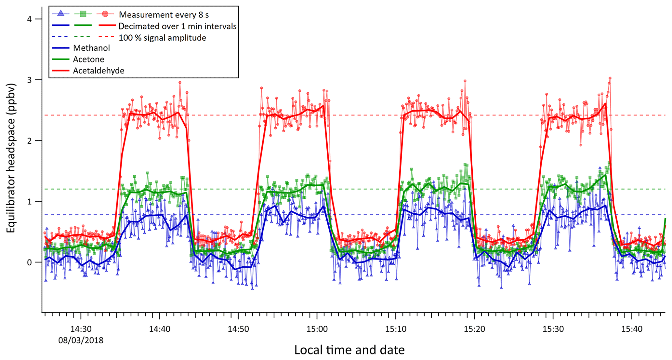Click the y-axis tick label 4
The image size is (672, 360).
click(x=30, y=19)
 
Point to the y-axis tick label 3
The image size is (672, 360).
click(x=30, y=80)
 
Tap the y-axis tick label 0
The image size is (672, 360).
click(x=30, y=262)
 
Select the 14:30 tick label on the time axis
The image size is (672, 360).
click(x=81, y=329)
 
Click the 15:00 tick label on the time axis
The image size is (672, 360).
click(x=317, y=329)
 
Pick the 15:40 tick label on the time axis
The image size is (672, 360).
click(x=632, y=329)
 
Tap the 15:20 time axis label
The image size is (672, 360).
click(x=474, y=329)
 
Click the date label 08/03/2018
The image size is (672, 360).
click(x=81, y=340)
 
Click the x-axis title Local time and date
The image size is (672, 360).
click(x=349, y=350)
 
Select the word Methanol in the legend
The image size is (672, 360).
click(x=91, y=48)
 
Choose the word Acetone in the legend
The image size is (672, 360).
click(x=88, y=60)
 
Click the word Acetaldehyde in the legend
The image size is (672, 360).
click(x=99, y=71)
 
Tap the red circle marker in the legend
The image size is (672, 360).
click(x=105, y=14)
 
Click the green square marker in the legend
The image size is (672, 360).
click(x=83, y=14)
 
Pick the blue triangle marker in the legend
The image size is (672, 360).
click(x=60, y=14)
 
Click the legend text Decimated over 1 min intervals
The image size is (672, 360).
click(x=178, y=26)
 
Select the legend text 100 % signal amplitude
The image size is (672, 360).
click(x=162, y=38)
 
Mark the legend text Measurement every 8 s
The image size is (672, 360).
click(x=164, y=15)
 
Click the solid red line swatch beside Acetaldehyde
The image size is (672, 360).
click(x=60, y=71)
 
